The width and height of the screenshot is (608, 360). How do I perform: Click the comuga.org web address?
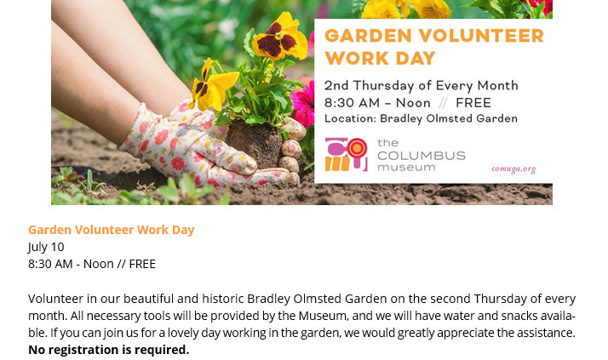coord(513,169)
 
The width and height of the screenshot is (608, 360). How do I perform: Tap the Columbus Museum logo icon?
coord(346,154)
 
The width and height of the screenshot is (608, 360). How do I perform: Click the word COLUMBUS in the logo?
coord(422,156)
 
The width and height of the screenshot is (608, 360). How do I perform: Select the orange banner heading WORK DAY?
coord(380,59)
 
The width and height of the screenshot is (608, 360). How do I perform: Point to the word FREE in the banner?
coord(473,103)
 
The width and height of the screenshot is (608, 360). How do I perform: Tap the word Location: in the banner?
coord(350,119)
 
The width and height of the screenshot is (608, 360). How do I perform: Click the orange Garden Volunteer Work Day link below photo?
coord(112,230)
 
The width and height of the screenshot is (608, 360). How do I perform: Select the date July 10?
coord(46,247)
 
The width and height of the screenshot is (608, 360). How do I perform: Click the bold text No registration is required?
coord(109,350)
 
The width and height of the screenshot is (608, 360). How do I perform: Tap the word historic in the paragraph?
coord(223,299)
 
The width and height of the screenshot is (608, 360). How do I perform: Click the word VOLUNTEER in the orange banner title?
coord(481,36)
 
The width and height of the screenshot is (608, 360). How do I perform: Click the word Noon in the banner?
coord(413,103)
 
